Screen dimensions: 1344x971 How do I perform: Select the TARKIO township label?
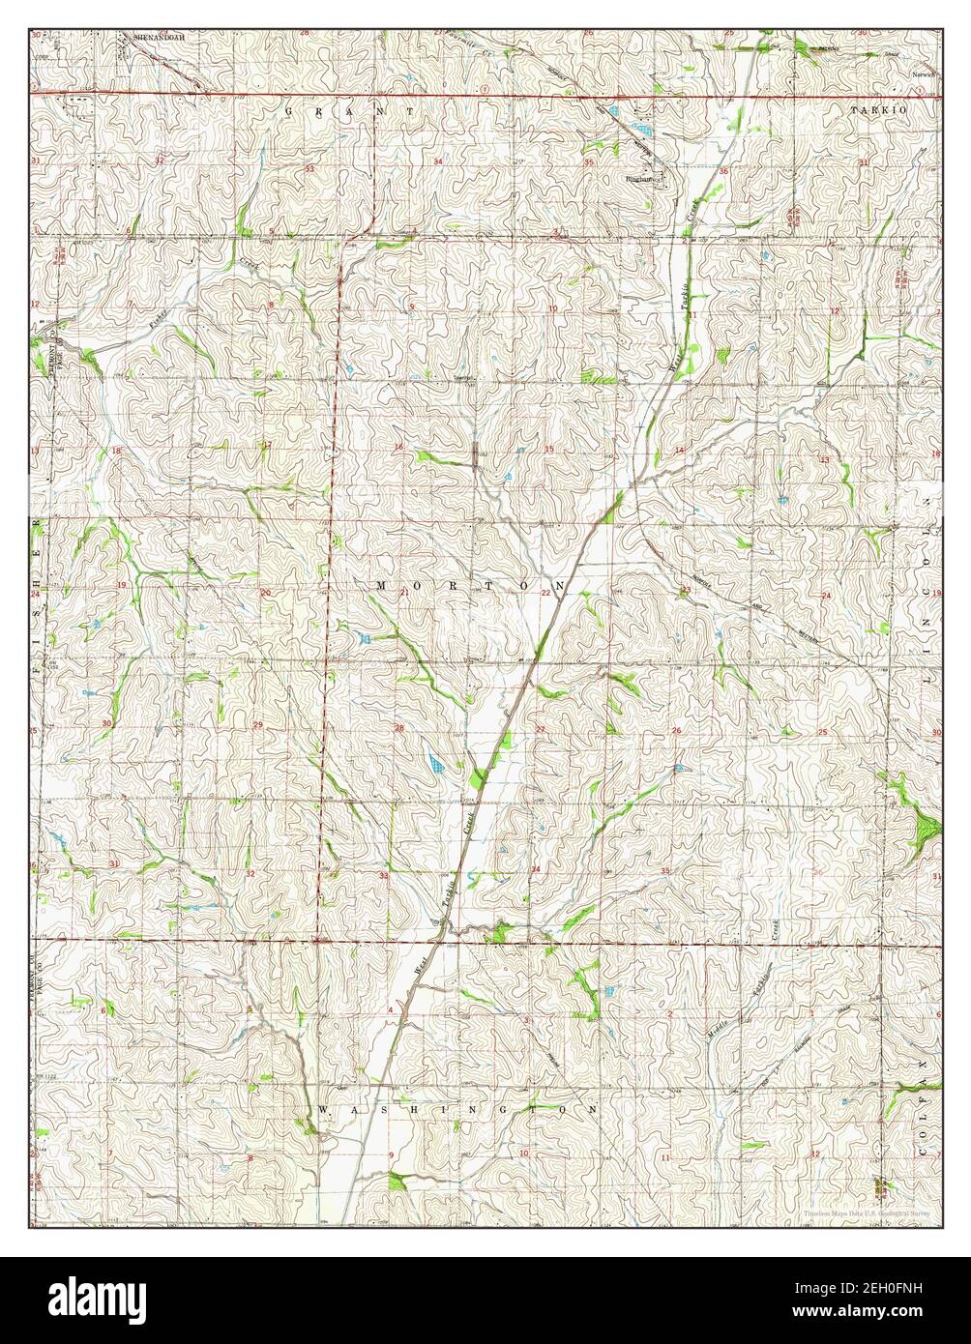point(878,112)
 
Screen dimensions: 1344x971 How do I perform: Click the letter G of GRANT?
point(288,112)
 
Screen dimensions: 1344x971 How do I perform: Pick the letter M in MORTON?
point(381,586)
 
